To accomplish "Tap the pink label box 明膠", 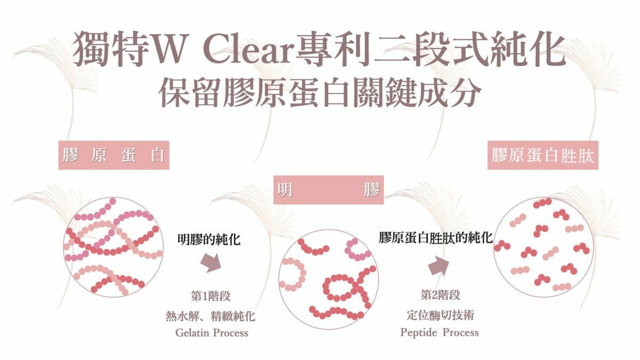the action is (329, 190).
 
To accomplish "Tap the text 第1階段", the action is (210, 297).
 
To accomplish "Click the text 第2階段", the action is (440, 295).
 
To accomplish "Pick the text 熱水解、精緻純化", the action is (211, 316).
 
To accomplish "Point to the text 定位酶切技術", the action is (440, 315).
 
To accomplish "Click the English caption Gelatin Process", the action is (212, 333).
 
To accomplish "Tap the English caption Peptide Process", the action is (439, 333).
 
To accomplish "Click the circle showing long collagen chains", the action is (113, 247).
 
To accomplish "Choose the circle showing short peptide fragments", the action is (541, 247).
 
